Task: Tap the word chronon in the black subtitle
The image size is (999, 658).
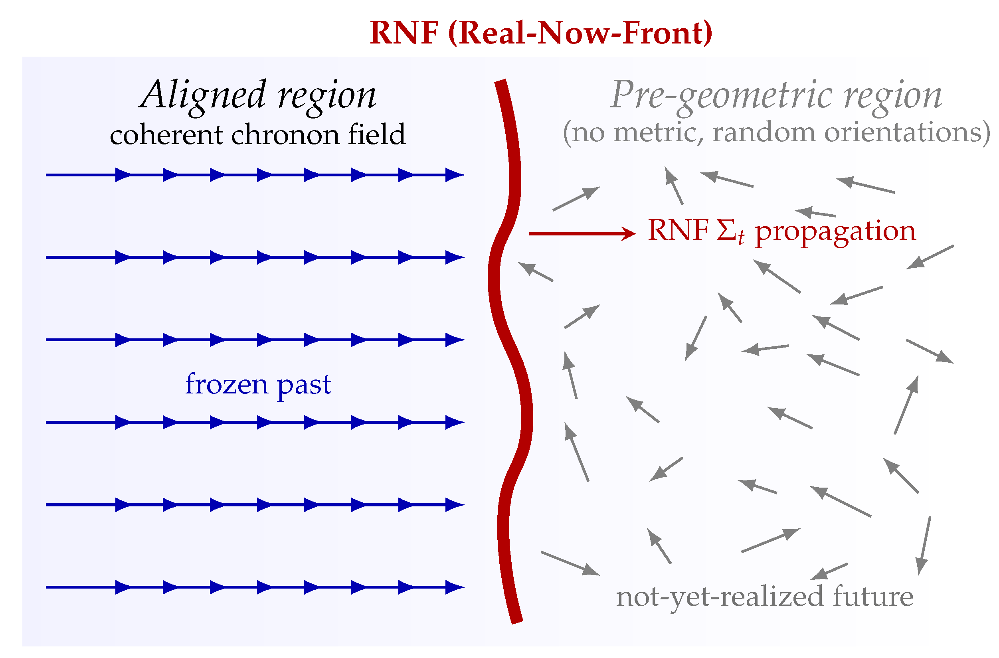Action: click(x=285, y=135)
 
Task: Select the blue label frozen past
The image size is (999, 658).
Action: click(x=258, y=384)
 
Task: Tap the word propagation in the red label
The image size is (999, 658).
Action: click(x=835, y=232)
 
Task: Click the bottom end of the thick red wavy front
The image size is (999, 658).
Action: click(x=517, y=621)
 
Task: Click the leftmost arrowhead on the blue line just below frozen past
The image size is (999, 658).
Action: click(x=123, y=422)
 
